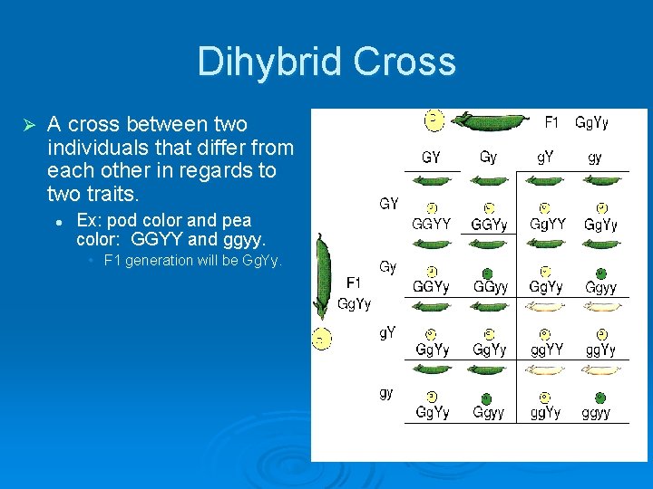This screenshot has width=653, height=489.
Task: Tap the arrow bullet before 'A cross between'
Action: pyautogui.click(x=27, y=124)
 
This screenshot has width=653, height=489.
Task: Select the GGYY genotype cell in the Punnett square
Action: pyautogui.click(x=432, y=224)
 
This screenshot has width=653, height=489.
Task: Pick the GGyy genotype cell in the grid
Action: pyautogui.click(x=490, y=287)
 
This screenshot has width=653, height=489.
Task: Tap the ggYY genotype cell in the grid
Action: pyautogui.click(x=547, y=350)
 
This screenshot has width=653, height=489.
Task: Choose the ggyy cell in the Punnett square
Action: pyautogui.click(x=597, y=413)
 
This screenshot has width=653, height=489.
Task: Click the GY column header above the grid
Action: pyautogui.click(x=432, y=157)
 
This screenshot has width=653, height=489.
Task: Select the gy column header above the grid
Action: pyautogui.click(x=595, y=157)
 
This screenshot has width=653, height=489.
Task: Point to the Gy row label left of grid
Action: pyautogui.click(x=387, y=267)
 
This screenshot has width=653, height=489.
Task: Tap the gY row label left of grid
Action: pyautogui.click(x=387, y=332)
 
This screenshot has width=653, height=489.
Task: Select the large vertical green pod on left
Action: pyautogui.click(x=322, y=276)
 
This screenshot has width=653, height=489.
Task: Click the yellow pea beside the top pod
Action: pyautogui.click(x=434, y=119)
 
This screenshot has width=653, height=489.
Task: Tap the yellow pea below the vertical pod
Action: pyautogui.click(x=322, y=339)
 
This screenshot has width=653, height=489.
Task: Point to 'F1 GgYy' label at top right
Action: pyautogui.click(x=576, y=122)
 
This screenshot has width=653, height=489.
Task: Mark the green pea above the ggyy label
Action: pyautogui.click(x=600, y=398)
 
